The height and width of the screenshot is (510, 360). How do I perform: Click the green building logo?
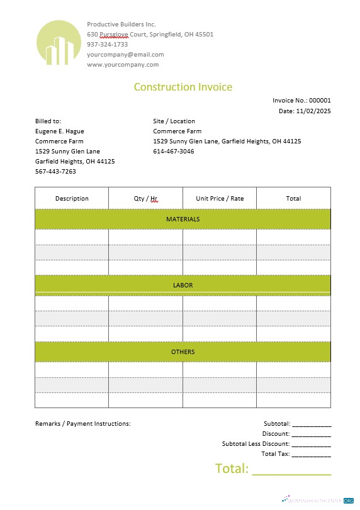pyautogui.click(x=59, y=43)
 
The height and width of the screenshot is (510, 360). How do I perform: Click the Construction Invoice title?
pyautogui.click(x=183, y=87)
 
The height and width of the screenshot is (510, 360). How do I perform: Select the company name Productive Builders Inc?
pyautogui.click(x=121, y=24)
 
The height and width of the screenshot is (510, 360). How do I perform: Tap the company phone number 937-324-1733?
pyautogui.click(x=107, y=44)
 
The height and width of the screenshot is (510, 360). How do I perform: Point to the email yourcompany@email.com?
pyautogui.click(x=125, y=54)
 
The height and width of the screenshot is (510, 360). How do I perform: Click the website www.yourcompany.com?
pyautogui.click(x=123, y=64)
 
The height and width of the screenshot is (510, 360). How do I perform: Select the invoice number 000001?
pyautogui.click(x=319, y=100)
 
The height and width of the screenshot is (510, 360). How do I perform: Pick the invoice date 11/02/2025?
pyautogui.click(x=313, y=111)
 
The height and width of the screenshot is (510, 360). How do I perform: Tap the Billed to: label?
pyautogui.click(x=48, y=121)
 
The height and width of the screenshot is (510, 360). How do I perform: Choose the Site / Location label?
pyautogui.click(x=174, y=121)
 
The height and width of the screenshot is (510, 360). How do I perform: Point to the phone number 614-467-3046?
pyautogui.click(x=173, y=151)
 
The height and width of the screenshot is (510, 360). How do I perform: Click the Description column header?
pyautogui.click(x=72, y=198)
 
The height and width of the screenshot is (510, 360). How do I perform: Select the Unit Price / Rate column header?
pyautogui.click(x=220, y=198)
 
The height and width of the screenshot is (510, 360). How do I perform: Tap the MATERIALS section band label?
pyautogui.click(x=183, y=219)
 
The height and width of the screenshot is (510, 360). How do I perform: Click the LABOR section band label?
pyautogui.click(x=183, y=285)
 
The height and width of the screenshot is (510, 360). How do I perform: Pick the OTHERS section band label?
pyautogui.click(x=183, y=352)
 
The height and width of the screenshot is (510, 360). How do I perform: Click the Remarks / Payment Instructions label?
pyautogui.click(x=82, y=423)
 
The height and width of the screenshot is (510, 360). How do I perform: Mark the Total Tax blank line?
pyautogui.click(x=311, y=455)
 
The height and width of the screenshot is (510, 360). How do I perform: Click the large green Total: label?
pyautogui.click(x=232, y=468)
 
